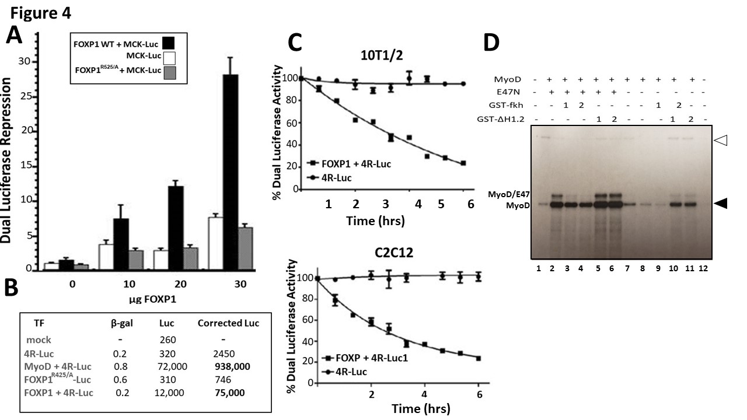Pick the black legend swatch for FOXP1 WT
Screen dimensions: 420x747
(168, 43)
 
